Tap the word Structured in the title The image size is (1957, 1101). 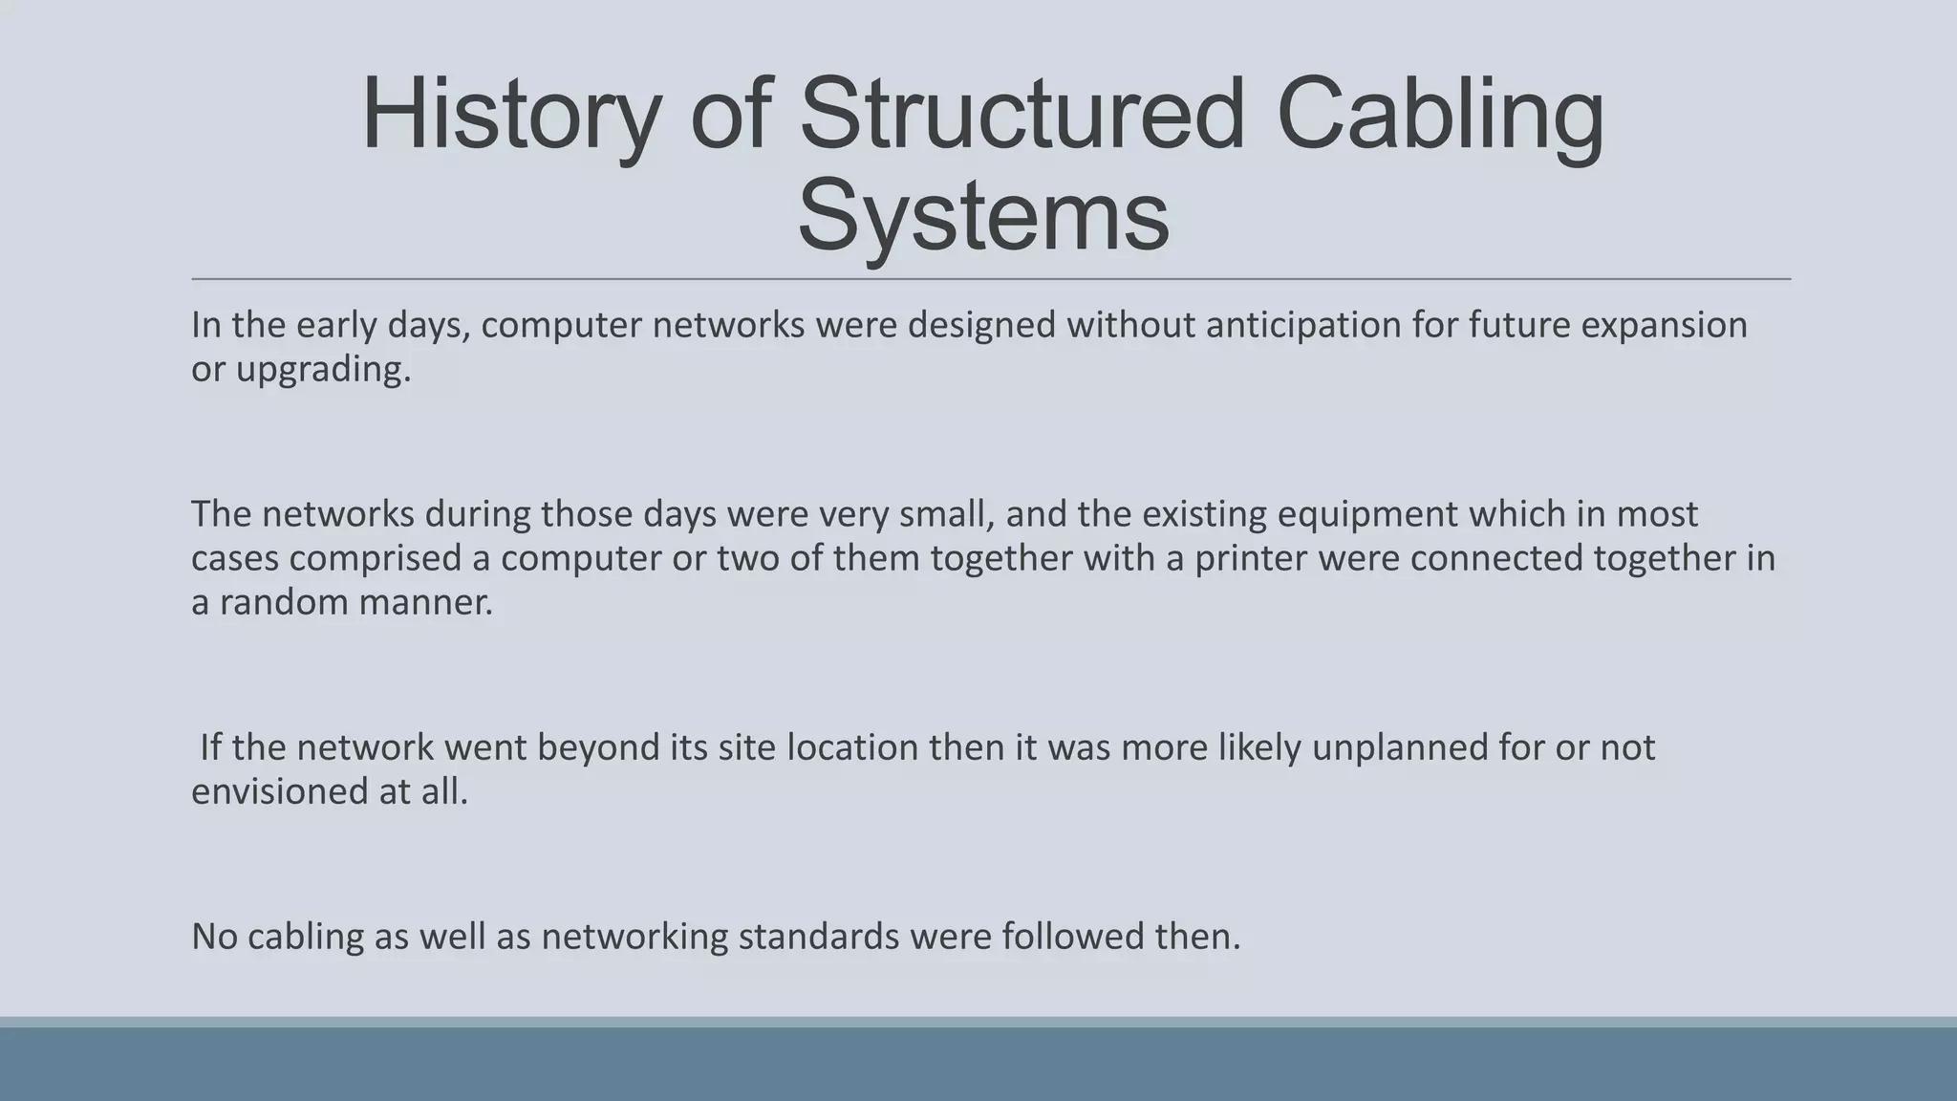[1022, 115]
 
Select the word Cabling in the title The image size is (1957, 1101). [1440, 115]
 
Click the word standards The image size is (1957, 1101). [819, 936]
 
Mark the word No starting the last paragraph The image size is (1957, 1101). [214, 936]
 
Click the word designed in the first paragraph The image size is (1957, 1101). [981, 325]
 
